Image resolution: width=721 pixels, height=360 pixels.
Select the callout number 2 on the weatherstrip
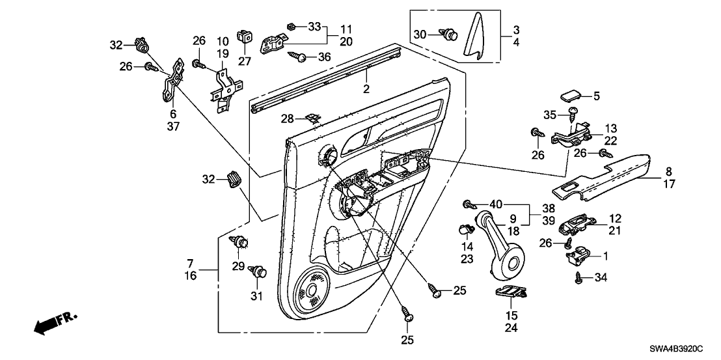(366, 89)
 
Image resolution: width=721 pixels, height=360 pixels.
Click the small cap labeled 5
(571, 96)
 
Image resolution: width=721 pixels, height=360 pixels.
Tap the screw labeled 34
(578, 277)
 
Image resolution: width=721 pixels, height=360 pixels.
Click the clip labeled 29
(241, 242)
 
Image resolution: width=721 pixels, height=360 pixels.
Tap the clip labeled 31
(260, 272)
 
